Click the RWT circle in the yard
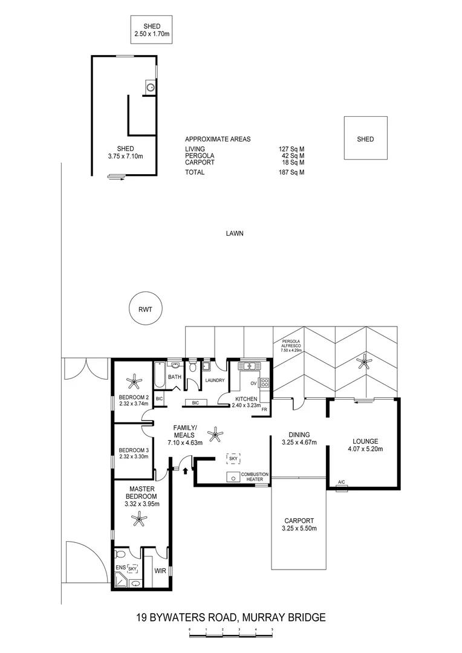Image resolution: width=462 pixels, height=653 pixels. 145,310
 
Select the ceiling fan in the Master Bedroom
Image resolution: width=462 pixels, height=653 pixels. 138,519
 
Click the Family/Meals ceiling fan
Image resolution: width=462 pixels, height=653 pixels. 215,434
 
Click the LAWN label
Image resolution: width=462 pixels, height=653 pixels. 235,233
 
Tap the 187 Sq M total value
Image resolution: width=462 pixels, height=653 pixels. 291,172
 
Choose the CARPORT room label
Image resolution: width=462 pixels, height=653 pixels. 299,521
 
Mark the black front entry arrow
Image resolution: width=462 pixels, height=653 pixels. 185,470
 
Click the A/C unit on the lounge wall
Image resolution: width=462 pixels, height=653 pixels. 342,488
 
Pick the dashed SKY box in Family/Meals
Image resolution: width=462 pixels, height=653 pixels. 233,458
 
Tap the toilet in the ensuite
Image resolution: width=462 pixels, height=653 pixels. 120,554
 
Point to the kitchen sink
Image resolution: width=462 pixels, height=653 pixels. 249,366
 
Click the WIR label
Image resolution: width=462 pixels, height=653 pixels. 160,571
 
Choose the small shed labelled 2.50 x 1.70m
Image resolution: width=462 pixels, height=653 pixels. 152,29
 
